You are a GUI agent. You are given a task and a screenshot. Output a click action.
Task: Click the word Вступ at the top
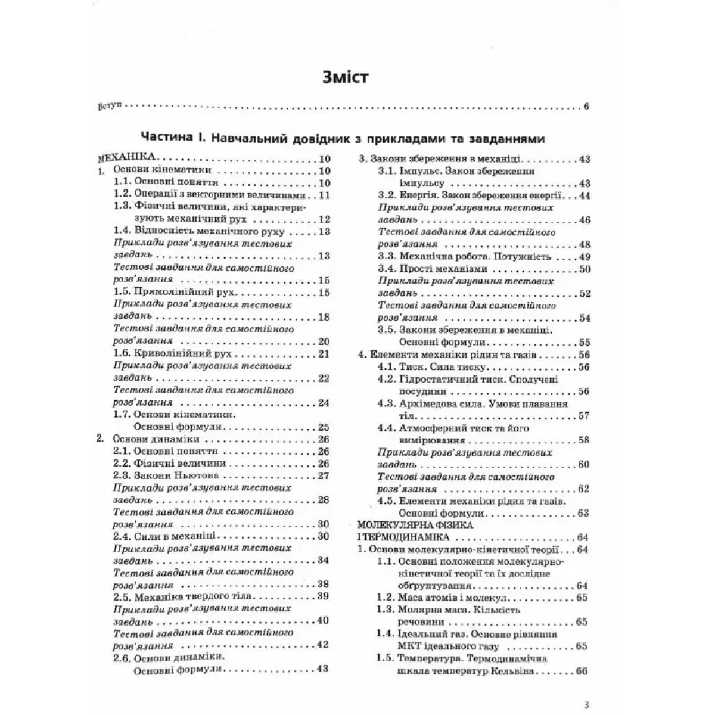tap(107, 107)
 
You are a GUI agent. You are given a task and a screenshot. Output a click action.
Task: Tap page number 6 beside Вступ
tap(586, 107)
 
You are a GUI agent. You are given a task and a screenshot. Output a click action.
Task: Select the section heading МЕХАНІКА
tap(126, 159)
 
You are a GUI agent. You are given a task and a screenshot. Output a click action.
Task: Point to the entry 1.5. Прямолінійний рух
tap(175, 293)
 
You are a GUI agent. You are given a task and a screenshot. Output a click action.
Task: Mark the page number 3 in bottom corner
tap(587, 705)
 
